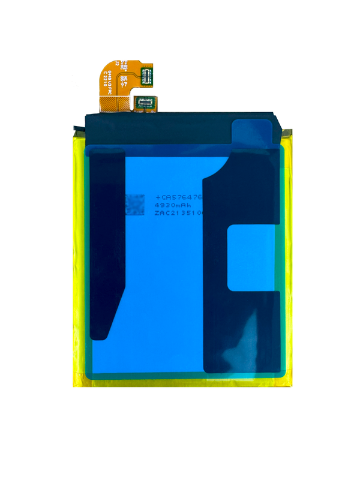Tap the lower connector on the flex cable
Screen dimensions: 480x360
[145, 103]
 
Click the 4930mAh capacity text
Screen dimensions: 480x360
[172, 205]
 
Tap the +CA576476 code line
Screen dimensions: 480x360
[179, 197]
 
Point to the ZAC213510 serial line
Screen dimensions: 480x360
[179, 212]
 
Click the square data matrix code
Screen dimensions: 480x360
[134, 204]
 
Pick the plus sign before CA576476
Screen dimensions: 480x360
[158, 197]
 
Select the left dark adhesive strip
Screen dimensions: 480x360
[111, 240]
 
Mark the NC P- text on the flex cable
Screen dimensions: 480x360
[124, 79]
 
